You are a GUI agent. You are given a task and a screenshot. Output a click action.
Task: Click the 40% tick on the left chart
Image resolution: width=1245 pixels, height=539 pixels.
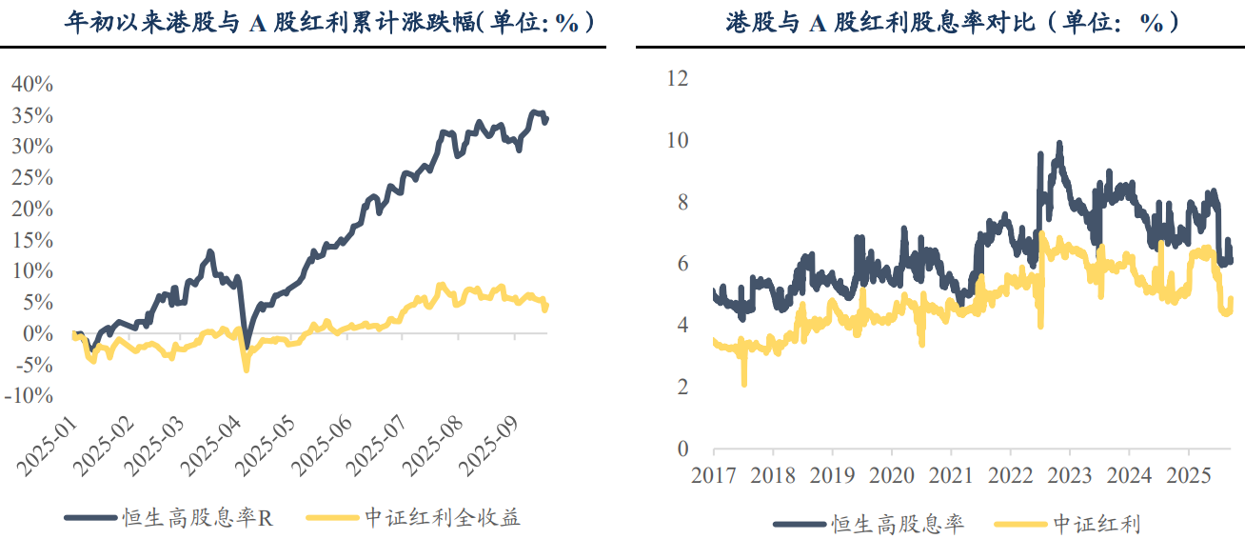[x=32, y=84]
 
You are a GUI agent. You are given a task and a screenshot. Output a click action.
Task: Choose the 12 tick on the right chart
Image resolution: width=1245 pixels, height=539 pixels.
[x=678, y=78]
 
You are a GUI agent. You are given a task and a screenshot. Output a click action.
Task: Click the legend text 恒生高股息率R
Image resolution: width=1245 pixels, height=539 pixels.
[x=198, y=518]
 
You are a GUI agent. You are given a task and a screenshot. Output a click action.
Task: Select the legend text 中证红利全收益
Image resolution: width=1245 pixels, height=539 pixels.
[x=443, y=518]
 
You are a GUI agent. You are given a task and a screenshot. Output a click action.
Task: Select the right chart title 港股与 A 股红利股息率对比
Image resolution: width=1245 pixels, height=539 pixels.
[x=952, y=23]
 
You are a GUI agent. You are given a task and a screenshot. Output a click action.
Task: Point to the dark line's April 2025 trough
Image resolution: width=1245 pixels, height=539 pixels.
[x=246, y=348]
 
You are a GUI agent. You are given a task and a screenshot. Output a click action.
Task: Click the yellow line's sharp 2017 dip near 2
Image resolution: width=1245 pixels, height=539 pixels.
[x=743, y=383]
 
